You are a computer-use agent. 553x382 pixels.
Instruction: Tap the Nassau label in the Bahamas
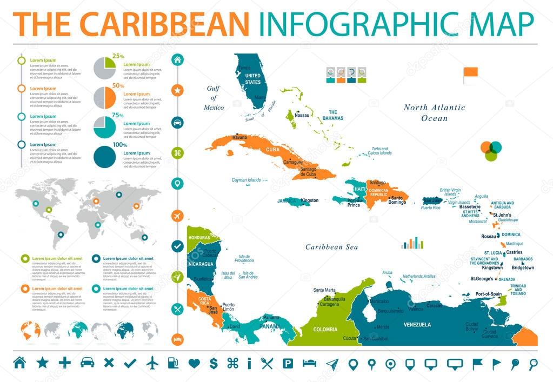click(x=302, y=115)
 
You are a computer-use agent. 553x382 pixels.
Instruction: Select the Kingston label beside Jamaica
click(x=310, y=200)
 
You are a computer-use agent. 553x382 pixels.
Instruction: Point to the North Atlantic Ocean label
click(x=434, y=112)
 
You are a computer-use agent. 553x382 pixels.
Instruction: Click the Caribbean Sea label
click(x=332, y=247)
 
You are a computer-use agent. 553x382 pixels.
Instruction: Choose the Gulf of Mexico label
click(x=214, y=98)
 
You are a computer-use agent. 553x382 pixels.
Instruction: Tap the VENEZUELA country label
click(x=417, y=325)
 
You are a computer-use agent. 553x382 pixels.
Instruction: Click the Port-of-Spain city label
click(x=489, y=293)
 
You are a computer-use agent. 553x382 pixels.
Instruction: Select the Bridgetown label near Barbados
click(x=522, y=268)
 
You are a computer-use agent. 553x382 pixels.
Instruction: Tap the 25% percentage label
click(x=118, y=56)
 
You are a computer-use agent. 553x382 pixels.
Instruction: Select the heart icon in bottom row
click(x=194, y=363)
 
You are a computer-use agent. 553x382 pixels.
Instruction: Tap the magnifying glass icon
click(x=532, y=363)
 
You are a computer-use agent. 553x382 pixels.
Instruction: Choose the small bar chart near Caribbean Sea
click(x=412, y=243)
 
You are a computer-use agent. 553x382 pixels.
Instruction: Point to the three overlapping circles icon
click(x=491, y=151)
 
